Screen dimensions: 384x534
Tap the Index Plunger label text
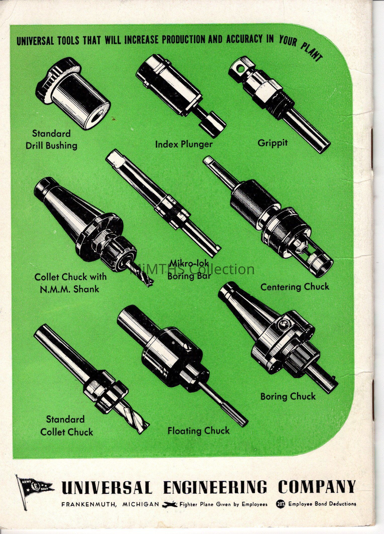tap(184, 144)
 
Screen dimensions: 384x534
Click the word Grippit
tap(272, 143)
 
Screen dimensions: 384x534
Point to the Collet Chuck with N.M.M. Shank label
tap(70, 283)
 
